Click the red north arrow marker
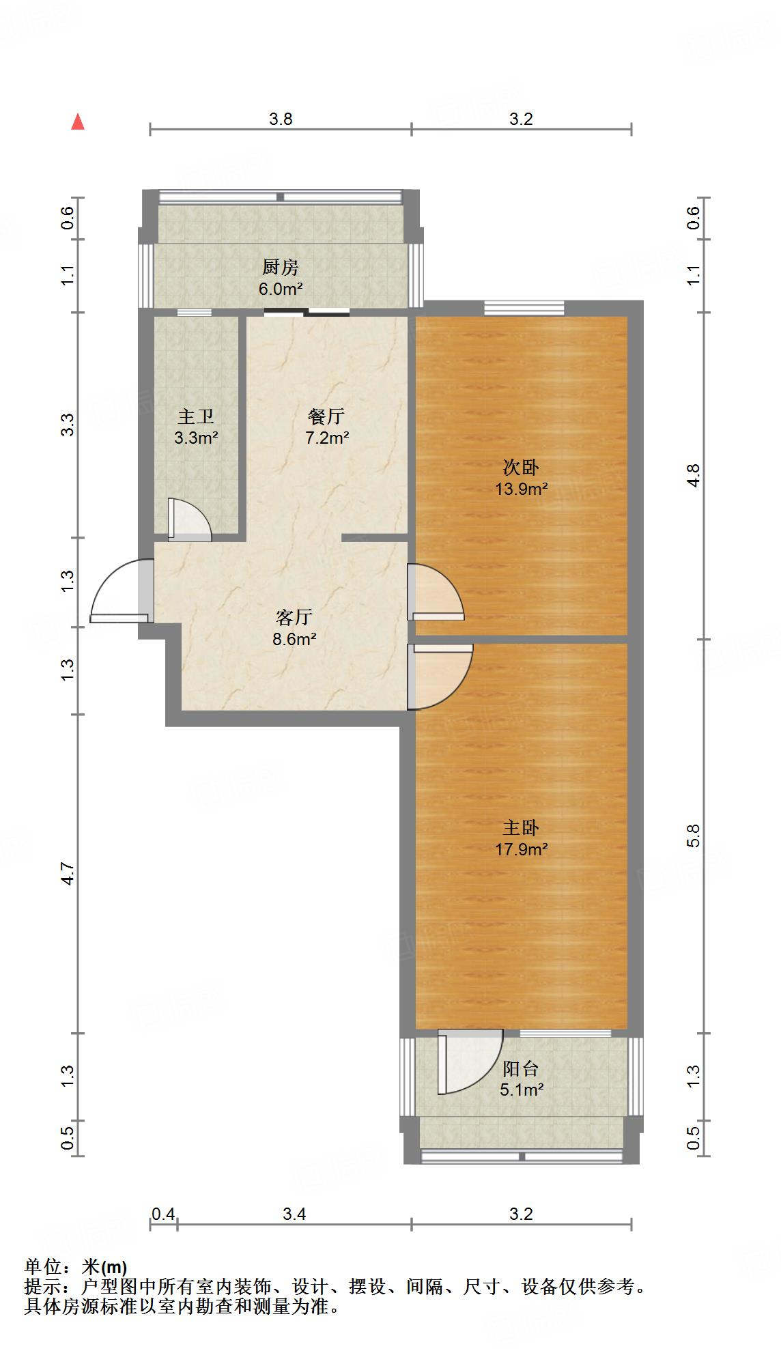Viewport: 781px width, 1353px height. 78,122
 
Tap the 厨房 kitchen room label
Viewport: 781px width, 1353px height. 280,268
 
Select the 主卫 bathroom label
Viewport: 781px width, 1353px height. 196,416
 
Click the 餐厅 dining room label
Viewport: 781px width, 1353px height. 326,416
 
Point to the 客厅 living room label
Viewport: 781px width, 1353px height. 294,618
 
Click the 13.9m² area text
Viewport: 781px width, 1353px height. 522,489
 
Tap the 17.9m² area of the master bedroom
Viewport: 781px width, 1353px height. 522,850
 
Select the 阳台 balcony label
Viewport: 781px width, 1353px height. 521,1069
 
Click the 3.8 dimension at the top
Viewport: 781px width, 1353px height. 280,119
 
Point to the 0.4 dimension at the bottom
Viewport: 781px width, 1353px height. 163,1214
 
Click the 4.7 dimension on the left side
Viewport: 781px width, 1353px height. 67,874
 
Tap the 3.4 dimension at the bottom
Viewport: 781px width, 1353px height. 294,1214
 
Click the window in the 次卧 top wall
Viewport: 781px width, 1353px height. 524,309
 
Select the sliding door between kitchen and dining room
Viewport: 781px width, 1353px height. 307,313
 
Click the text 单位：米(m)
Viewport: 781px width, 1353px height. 76,1267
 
